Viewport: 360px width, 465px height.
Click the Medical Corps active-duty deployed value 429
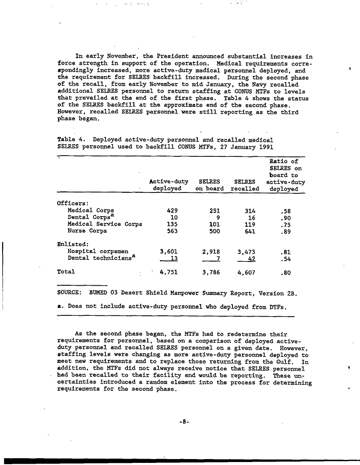[172, 210]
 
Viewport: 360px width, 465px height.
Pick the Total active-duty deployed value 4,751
[168, 272]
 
